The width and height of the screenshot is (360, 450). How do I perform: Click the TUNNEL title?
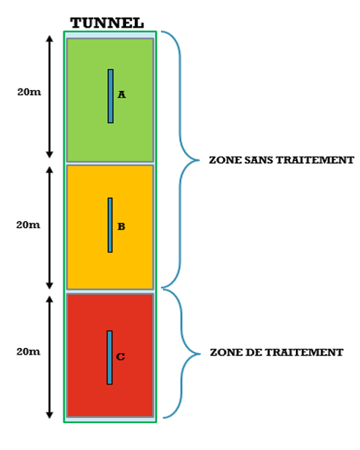(x=107, y=23)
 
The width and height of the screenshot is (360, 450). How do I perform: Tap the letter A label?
(x=121, y=95)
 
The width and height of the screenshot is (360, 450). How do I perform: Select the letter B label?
(x=121, y=226)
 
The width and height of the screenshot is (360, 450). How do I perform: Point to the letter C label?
(x=120, y=356)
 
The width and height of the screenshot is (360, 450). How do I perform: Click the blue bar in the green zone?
(x=110, y=96)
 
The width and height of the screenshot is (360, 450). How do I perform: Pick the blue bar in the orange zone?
(x=110, y=225)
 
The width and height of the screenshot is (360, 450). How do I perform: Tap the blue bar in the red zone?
(x=110, y=358)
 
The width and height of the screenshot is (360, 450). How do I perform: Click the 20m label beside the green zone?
(x=29, y=92)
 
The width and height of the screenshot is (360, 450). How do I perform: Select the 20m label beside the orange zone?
(x=28, y=225)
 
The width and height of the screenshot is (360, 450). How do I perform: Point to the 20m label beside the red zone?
(x=28, y=352)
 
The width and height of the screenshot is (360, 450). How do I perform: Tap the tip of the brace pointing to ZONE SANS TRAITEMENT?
(x=199, y=160)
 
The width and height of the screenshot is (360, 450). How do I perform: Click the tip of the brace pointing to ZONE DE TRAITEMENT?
(x=200, y=354)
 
